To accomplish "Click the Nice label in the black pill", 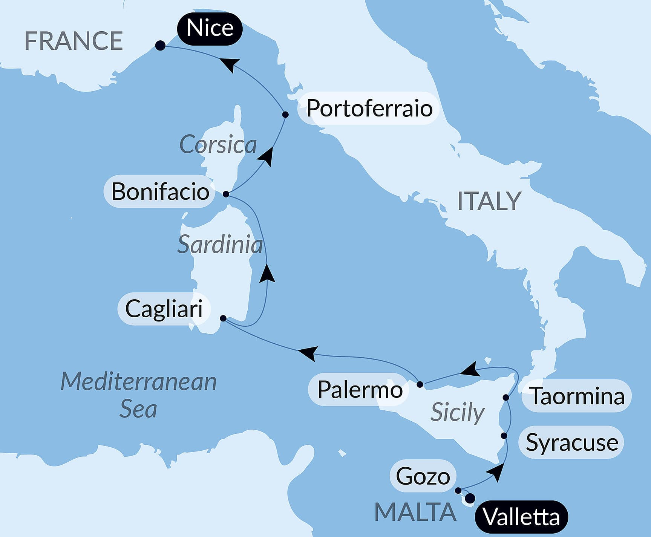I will [x=210, y=28].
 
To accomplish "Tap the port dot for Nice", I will [x=160, y=46].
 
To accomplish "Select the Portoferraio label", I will [x=369, y=109].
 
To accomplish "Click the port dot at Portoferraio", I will [x=285, y=115].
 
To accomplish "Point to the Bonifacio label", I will [x=160, y=191].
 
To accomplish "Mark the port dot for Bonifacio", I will [x=226, y=194].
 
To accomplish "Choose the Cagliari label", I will [x=164, y=309].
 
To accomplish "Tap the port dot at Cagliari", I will [x=223, y=318].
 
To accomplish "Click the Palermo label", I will [x=360, y=389].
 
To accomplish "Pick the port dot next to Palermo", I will [x=420, y=384].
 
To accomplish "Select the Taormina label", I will [x=577, y=396].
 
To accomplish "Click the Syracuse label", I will [x=572, y=442].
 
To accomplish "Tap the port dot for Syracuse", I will [x=504, y=436].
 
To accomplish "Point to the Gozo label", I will [x=423, y=476].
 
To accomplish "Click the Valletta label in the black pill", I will [x=521, y=517].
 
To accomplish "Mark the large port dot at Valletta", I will [x=470, y=499].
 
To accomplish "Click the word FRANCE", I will [x=74, y=41].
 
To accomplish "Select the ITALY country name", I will [x=489, y=201].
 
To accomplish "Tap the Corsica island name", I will [x=218, y=145].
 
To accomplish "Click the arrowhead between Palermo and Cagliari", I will [x=307, y=353].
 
